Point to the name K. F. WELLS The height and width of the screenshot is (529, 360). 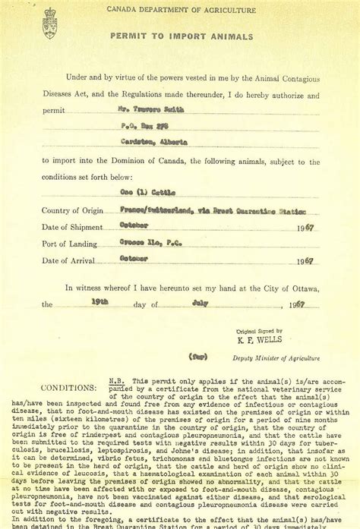(260, 342)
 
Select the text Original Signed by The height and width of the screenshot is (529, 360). (259, 331)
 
